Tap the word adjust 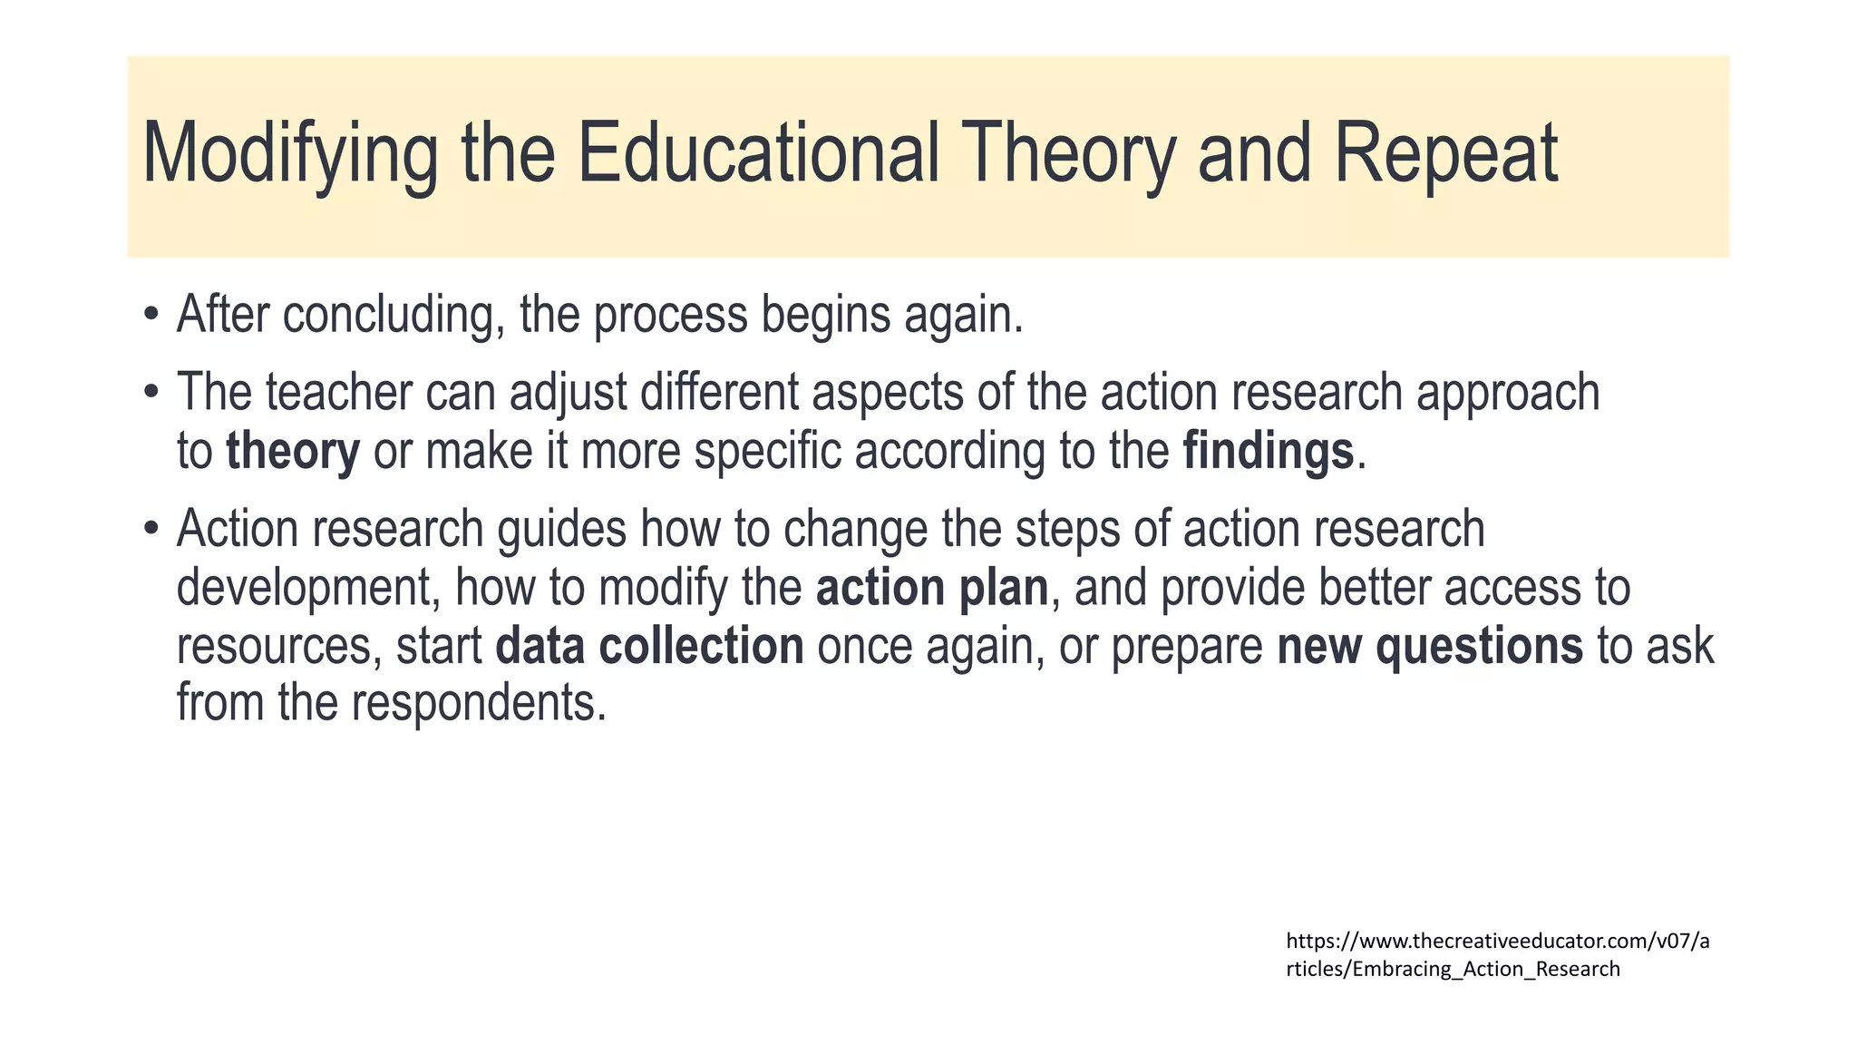tap(568, 393)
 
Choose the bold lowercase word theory tap(292, 452)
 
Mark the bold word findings tap(1268, 452)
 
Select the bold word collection tap(701, 646)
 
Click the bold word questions tap(1479, 646)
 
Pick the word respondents tap(478, 703)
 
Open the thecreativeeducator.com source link tap(1497, 954)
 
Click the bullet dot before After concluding tap(151, 316)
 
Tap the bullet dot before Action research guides tap(151, 529)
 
